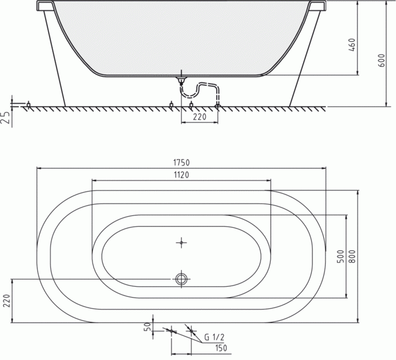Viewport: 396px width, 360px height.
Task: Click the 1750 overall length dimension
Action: tap(181, 163)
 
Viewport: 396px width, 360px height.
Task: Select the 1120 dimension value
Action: tap(181, 175)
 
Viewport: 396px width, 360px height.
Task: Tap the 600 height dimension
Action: tap(382, 61)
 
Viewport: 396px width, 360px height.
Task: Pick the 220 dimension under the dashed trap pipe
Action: tap(200, 117)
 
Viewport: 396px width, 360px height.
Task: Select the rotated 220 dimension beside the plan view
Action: tap(7, 301)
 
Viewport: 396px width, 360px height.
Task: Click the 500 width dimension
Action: tap(341, 256)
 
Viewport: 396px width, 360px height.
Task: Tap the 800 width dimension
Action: tap(352, 256)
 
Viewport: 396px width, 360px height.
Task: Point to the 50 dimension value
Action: tap(149, 326)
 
